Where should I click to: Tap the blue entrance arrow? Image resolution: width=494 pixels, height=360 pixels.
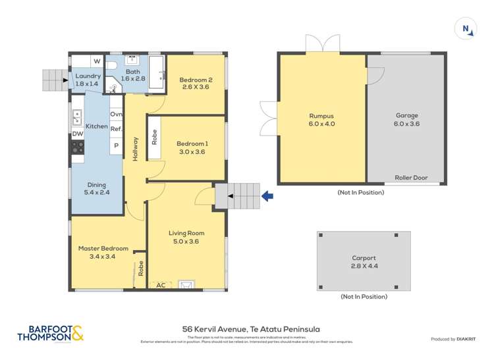268,195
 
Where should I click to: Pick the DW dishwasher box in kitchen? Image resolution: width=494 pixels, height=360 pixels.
78,134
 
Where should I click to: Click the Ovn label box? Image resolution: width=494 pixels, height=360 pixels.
116,115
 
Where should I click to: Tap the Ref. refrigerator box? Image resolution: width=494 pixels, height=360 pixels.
116,130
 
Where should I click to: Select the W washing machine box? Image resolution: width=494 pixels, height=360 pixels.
97,62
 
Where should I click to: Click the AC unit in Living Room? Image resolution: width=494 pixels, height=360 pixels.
160,285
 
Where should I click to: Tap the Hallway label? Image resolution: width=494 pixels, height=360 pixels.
135,149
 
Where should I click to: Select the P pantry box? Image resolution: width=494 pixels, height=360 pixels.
116,145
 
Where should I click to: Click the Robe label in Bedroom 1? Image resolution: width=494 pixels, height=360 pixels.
155,137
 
